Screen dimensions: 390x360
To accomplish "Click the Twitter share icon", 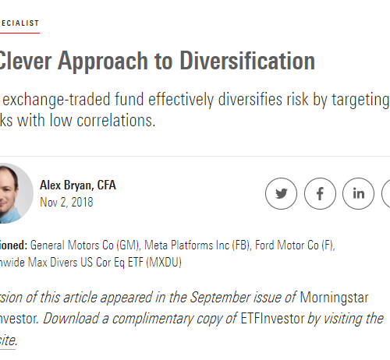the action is pos(281,193).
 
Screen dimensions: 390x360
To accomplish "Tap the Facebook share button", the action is pos(320,193).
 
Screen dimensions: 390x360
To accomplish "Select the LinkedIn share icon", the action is pos(359,193).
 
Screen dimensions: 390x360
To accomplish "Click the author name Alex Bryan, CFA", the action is pos(78,185).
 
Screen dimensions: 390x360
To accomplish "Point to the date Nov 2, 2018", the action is pos(66,202).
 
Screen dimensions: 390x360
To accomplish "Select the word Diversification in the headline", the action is pos(247,61).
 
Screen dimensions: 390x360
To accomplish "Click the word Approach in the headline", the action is pos(103,62).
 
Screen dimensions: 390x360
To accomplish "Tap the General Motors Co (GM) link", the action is pos(85,245).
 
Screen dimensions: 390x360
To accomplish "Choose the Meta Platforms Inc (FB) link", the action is pos(197,245).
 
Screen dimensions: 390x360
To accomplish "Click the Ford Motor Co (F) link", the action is pos(295,245).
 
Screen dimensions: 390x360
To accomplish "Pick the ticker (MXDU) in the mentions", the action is pos(164,263).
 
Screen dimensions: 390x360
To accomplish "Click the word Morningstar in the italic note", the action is pos(334,298).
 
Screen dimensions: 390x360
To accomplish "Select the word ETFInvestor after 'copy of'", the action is pos(272,319).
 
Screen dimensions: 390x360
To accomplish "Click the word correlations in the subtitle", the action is pos(116,120).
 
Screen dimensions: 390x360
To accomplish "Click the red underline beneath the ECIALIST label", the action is pos(19,33).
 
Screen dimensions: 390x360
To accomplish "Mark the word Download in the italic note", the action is pos(71,319).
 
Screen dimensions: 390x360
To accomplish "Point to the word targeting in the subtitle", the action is pos(360,100).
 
